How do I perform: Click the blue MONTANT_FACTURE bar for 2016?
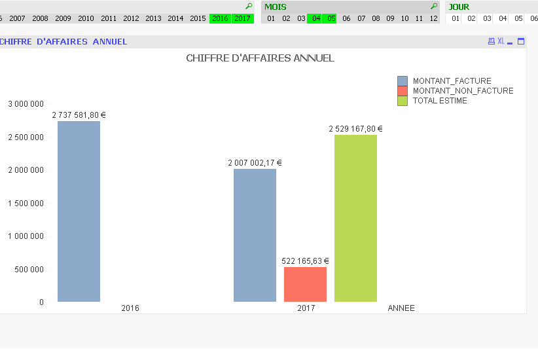(x=79, y=211)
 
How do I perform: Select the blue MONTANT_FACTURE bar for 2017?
(x=255, y=235)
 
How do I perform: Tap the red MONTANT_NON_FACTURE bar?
(x=305, y=284)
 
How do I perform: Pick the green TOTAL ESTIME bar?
(x=355, y=218)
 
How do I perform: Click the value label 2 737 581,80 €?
(x=79, y=115)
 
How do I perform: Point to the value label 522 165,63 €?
(x=305, y=261)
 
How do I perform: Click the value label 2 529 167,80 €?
(x=355, y=129)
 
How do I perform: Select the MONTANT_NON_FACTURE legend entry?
(x=463, y=91)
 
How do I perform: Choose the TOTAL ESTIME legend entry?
(x=440, y=101)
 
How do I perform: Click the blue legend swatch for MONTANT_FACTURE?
(x=403, y=81)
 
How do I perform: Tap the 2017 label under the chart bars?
(x=306, y=308)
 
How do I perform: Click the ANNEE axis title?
(x=401, y=308)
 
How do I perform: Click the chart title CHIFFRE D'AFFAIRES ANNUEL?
(x=260, y=58)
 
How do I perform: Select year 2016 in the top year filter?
(x=220, y=18)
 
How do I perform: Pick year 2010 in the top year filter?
(x=86, y=18)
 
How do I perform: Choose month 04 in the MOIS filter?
(x=316, y=18)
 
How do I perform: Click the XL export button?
(x=501, y=41)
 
